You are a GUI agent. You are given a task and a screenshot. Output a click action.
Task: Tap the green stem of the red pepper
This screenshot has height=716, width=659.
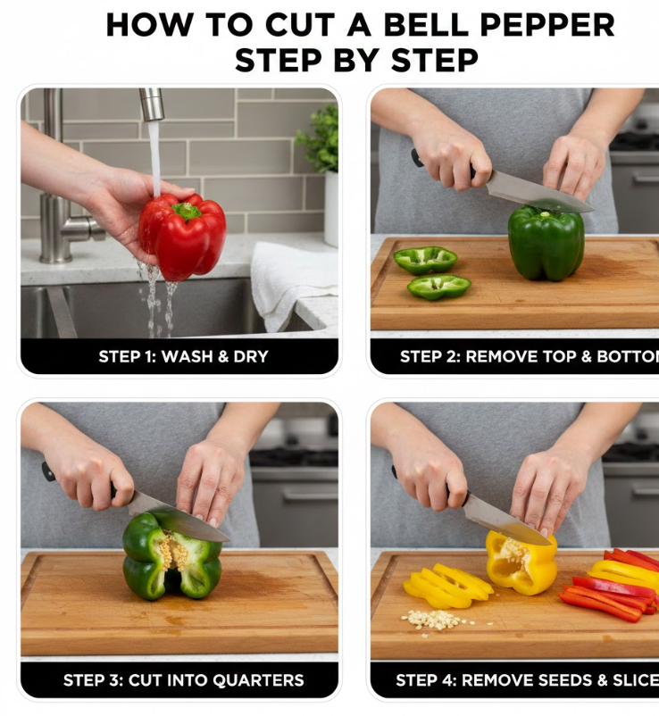(186, 211)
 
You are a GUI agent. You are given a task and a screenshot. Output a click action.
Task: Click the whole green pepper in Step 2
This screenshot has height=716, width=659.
(546, 243)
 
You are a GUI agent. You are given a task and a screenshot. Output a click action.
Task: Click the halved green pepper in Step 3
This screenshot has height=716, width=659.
(171, 554)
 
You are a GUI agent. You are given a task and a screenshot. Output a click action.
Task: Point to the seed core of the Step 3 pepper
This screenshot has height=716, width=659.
(172, 554)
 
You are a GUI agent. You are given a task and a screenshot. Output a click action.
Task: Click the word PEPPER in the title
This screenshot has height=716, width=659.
(547, 25)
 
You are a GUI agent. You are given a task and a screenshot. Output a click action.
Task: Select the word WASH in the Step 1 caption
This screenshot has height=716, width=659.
(187, 356)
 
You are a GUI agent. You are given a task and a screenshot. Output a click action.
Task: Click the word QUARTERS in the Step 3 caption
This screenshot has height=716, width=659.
(258, 680)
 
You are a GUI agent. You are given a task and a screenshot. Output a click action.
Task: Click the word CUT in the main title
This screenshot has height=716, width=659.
(300, 25)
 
